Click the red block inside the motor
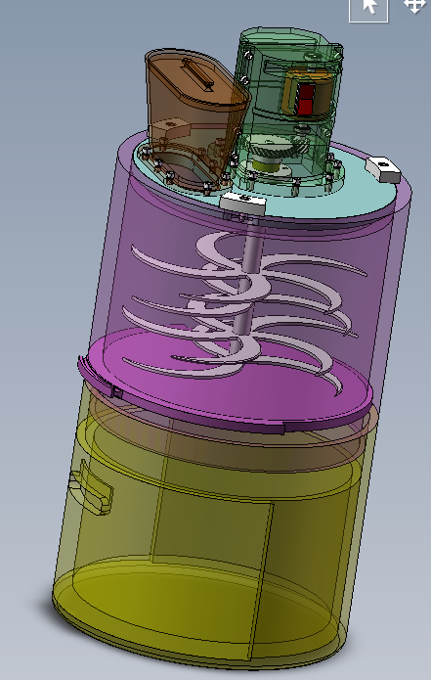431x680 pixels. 306,98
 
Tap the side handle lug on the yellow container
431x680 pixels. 88,489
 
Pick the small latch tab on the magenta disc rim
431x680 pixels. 115,393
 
